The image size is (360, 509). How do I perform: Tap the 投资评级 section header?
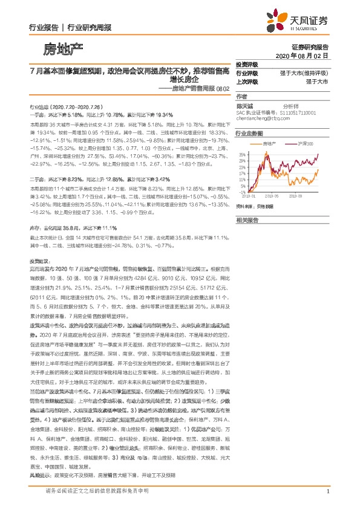pos(247,65)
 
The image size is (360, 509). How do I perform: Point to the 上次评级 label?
pos(247,80)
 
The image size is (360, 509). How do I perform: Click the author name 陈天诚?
pos(245,105)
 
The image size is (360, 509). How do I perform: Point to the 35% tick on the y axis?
pos(242,154)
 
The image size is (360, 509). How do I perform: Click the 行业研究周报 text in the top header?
pos(85,27)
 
